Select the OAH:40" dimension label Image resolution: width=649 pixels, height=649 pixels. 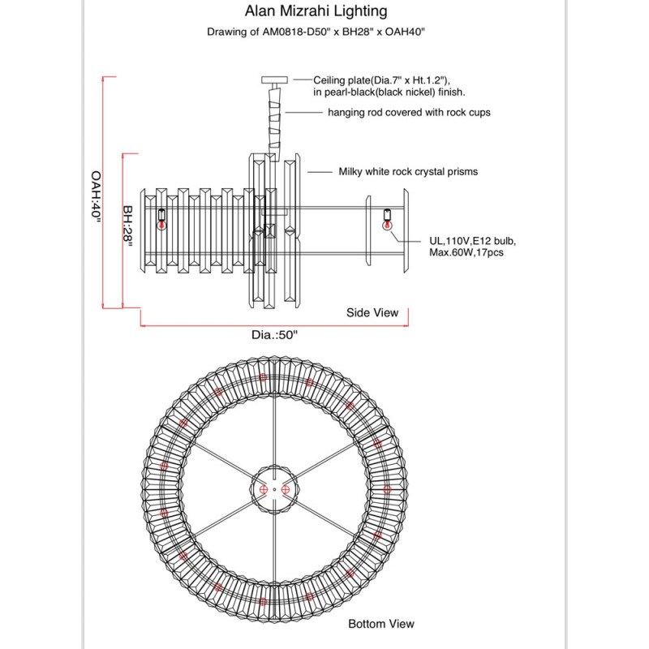click(x=97, y=198)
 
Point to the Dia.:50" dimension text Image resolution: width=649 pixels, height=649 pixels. click(x=270, y=334)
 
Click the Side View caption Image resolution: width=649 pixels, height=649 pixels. click(x=372, y=312)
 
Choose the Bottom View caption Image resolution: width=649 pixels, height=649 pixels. click(x=380, y=624)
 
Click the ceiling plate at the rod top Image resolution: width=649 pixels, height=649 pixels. click(x=272, y=80)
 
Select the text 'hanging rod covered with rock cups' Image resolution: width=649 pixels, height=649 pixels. click(x=409, y=113)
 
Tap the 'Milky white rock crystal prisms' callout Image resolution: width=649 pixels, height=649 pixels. click(x=408, y=172)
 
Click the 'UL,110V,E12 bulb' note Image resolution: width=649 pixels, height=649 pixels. click(x=473, y=241)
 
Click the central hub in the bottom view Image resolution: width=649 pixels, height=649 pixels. click(x=273, y=489)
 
